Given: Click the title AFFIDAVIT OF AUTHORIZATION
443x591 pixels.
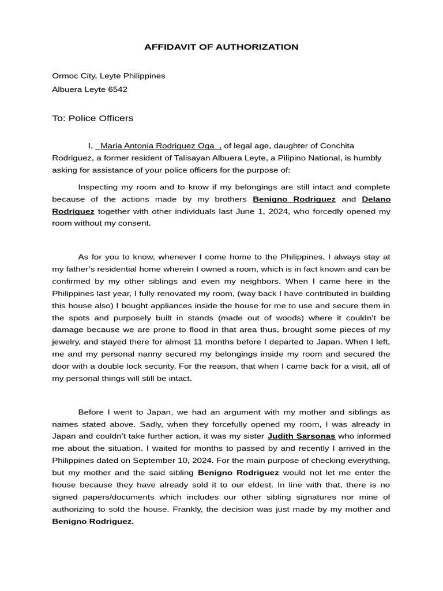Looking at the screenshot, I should (x=221, y=47).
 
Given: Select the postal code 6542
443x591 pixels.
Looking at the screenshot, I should (x=118, y=89).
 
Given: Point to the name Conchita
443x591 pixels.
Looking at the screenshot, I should (x=334, y=146).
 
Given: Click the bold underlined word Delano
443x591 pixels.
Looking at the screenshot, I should (x=376, y=199).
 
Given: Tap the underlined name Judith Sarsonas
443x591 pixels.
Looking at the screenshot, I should (x=301, y=436).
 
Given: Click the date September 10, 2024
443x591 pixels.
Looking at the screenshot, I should (x=169, y=461).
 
